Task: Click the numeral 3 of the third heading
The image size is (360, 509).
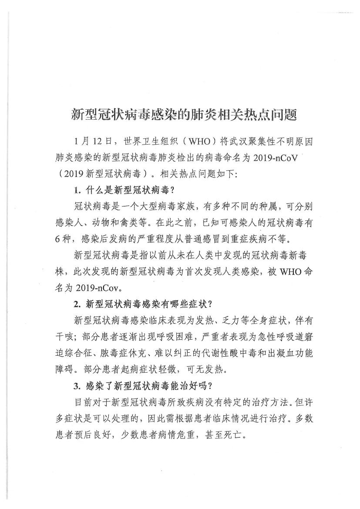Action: [76, 385]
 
